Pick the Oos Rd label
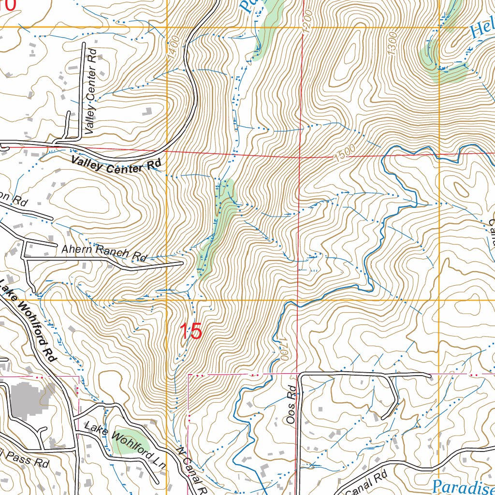(x=291, y=411)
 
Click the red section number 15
(x=190, y=332)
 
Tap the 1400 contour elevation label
(x=175, y=48)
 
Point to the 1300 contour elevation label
(x=392, y=44)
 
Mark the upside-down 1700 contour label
(x=284, y=348)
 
